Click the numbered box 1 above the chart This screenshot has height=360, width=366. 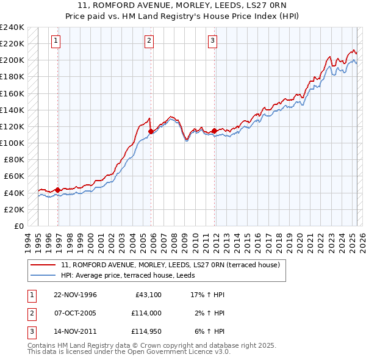point(56,41)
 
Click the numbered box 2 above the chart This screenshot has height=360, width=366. point(149,41)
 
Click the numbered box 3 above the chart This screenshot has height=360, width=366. point(212,41)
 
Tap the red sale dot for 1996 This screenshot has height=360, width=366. point(58,190)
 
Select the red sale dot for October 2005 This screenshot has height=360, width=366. point(151,131)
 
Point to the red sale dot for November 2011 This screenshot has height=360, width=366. point(215,131)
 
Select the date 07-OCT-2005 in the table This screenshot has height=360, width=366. point(70,313)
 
